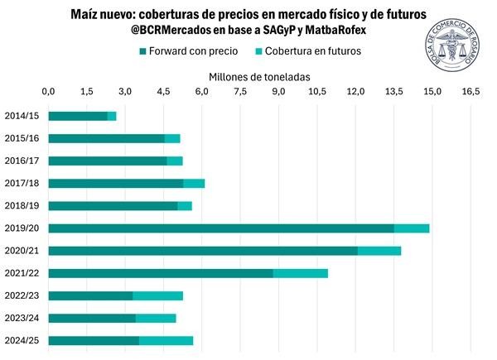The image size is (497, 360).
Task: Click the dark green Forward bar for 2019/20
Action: pos(220,228)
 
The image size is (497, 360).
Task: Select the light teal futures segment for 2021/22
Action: pos(300,273)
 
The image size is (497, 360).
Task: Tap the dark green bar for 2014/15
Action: pos(78,116)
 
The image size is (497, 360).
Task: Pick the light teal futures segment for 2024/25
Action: pos(166,340)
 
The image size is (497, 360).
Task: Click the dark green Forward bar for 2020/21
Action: pos(203,250)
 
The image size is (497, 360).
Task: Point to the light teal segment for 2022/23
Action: pos(157,295)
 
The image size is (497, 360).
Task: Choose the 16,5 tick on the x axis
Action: pos(470,91)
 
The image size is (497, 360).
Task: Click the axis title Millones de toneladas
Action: pos(259,74)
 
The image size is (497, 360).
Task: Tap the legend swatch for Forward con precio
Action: pos(144,51)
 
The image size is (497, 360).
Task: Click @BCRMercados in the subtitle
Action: pos(173,31)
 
